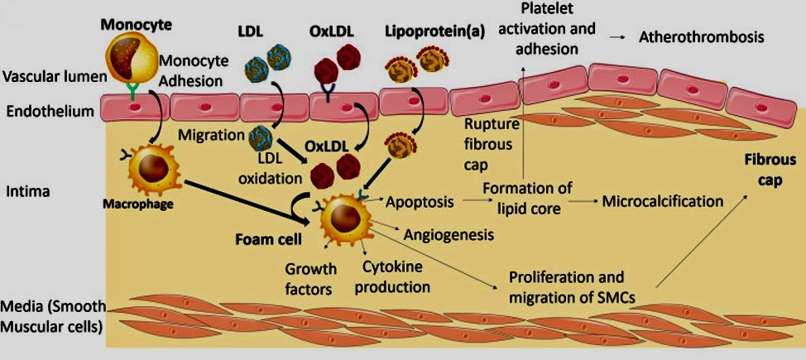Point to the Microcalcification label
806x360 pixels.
[663, 201]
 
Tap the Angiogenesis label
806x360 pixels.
[449, 235]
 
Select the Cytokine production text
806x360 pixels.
[396, 278]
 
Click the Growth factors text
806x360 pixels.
[310, 280]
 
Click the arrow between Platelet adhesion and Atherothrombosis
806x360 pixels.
[617, 38]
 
